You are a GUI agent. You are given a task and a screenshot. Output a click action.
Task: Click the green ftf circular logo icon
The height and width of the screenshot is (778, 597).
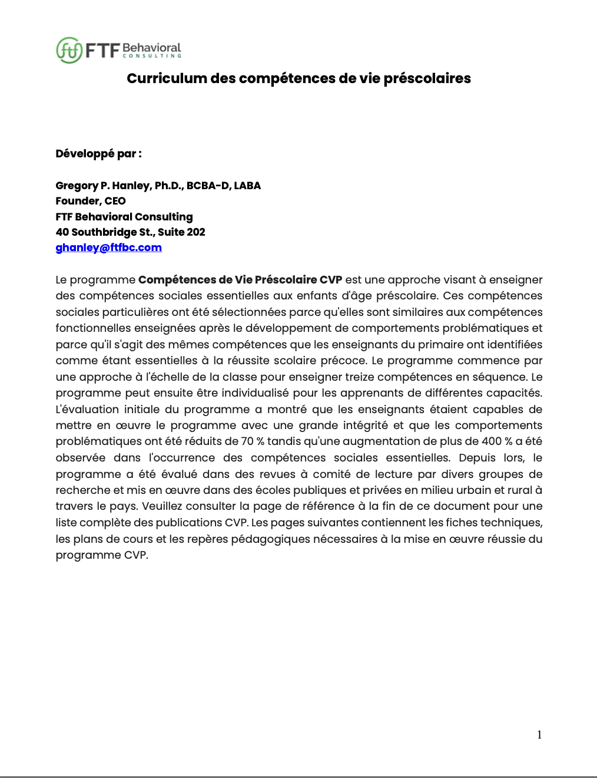coord(69,50)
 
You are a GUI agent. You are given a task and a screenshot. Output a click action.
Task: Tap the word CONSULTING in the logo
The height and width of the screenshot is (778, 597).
coord(152,57)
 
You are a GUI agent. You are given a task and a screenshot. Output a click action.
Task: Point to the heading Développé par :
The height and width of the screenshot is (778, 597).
coord(98,154)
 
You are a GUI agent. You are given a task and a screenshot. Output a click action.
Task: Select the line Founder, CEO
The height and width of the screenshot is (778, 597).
coord(91,201)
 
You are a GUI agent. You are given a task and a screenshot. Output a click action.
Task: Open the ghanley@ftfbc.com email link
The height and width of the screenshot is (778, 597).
coord(108,248)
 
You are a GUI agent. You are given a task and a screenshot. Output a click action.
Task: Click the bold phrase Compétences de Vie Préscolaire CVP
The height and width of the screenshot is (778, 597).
coord(240,280)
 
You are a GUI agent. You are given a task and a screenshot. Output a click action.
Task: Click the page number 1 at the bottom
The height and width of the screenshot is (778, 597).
coord(539,734)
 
